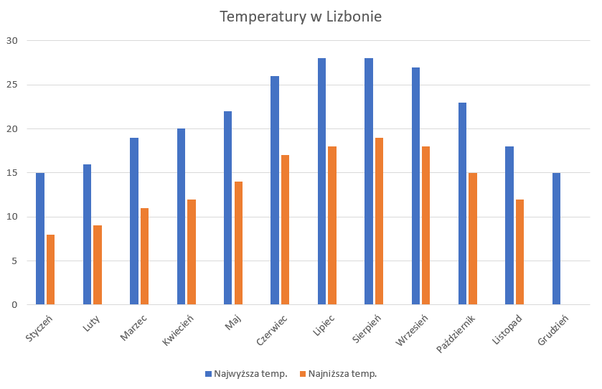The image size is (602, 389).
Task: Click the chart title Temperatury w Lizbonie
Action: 301,17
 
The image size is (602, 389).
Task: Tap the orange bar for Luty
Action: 98,266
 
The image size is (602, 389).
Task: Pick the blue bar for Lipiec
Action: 321,182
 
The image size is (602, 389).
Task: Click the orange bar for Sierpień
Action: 379,221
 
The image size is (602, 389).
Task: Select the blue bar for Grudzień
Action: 556,239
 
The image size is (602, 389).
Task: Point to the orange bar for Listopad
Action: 519,252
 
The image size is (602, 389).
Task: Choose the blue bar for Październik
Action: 462,204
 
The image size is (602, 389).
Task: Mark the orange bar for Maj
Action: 238,243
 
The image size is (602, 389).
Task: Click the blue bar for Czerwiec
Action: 275,190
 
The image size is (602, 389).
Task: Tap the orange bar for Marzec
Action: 144,256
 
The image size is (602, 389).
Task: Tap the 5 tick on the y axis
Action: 13,261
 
